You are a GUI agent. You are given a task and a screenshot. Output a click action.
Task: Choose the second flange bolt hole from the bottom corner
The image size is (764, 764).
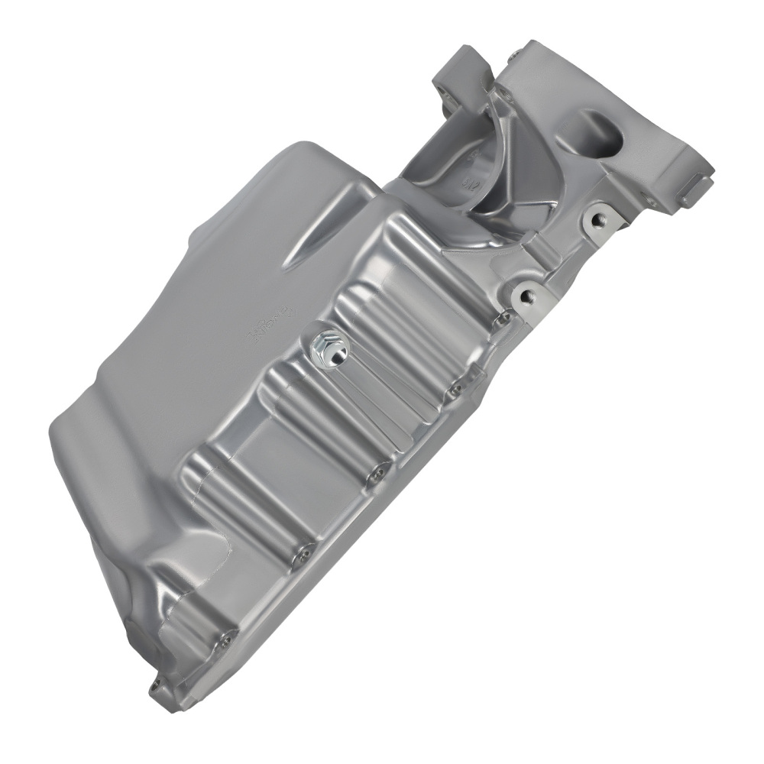[226, 636]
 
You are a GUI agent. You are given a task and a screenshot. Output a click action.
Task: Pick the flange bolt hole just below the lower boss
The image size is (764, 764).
[502, 320]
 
